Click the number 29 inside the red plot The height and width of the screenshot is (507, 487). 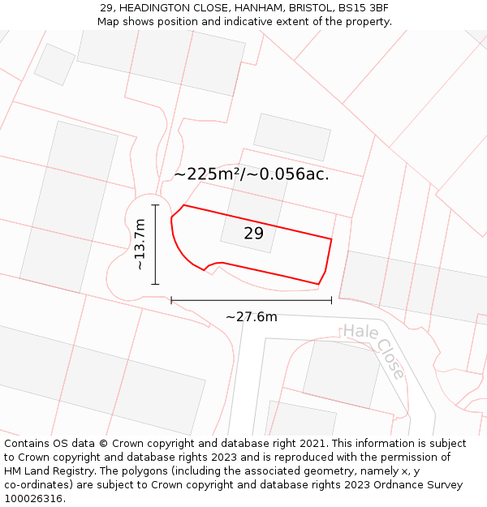pos(253,234)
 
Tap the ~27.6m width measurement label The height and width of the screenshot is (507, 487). pos(251,316)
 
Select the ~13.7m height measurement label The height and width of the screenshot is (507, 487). pos(140,244)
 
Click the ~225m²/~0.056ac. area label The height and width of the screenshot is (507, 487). pos(252,174)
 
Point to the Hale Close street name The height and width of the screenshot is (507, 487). pos(373,350)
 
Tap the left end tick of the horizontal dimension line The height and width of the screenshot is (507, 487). pos(171,300)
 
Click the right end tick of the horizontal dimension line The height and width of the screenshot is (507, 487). pos(331,300)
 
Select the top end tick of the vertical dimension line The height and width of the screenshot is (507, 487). pos(155,205)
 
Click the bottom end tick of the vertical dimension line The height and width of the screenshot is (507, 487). pos(155,284)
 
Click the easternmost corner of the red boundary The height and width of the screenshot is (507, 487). pos(331,238)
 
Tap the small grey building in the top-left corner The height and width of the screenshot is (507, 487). pos(54,64)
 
